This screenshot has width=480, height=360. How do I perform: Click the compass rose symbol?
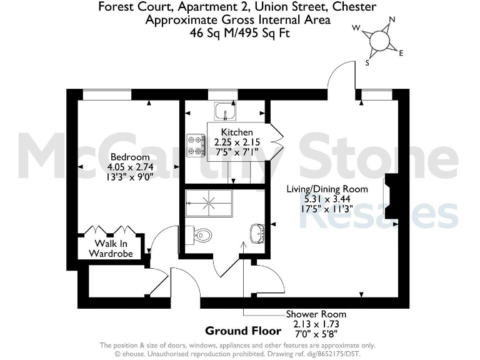[379, 41]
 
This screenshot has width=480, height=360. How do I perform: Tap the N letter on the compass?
[392, 19]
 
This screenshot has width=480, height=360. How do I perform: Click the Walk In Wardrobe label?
[112, 248]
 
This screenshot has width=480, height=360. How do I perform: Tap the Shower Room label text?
[316, 314]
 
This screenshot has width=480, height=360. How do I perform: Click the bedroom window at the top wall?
[107, 94]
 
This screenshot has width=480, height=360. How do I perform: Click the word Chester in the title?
[354, 7]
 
